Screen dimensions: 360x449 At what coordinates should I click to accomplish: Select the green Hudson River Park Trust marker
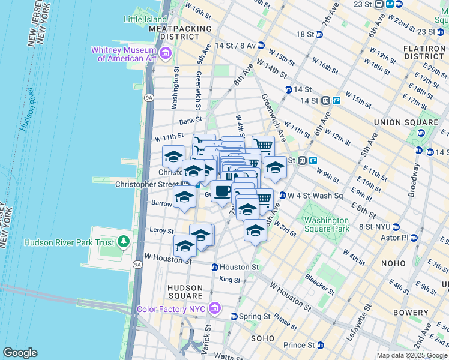124,242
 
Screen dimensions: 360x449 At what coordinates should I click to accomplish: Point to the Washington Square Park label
327,224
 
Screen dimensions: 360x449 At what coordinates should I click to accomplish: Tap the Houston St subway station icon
214,267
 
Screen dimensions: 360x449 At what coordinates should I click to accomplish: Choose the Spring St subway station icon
234,316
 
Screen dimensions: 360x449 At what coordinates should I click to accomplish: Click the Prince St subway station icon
320,345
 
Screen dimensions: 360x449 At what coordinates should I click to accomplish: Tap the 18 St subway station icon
319,35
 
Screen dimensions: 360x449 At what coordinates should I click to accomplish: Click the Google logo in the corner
20,353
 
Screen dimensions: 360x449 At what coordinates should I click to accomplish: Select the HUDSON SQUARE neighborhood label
185,292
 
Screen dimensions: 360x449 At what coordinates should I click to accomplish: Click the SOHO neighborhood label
262,338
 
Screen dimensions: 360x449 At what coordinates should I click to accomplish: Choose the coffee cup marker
221,191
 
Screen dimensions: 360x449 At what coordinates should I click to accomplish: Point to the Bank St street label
190,121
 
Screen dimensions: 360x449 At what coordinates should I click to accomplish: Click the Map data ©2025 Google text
411,355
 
